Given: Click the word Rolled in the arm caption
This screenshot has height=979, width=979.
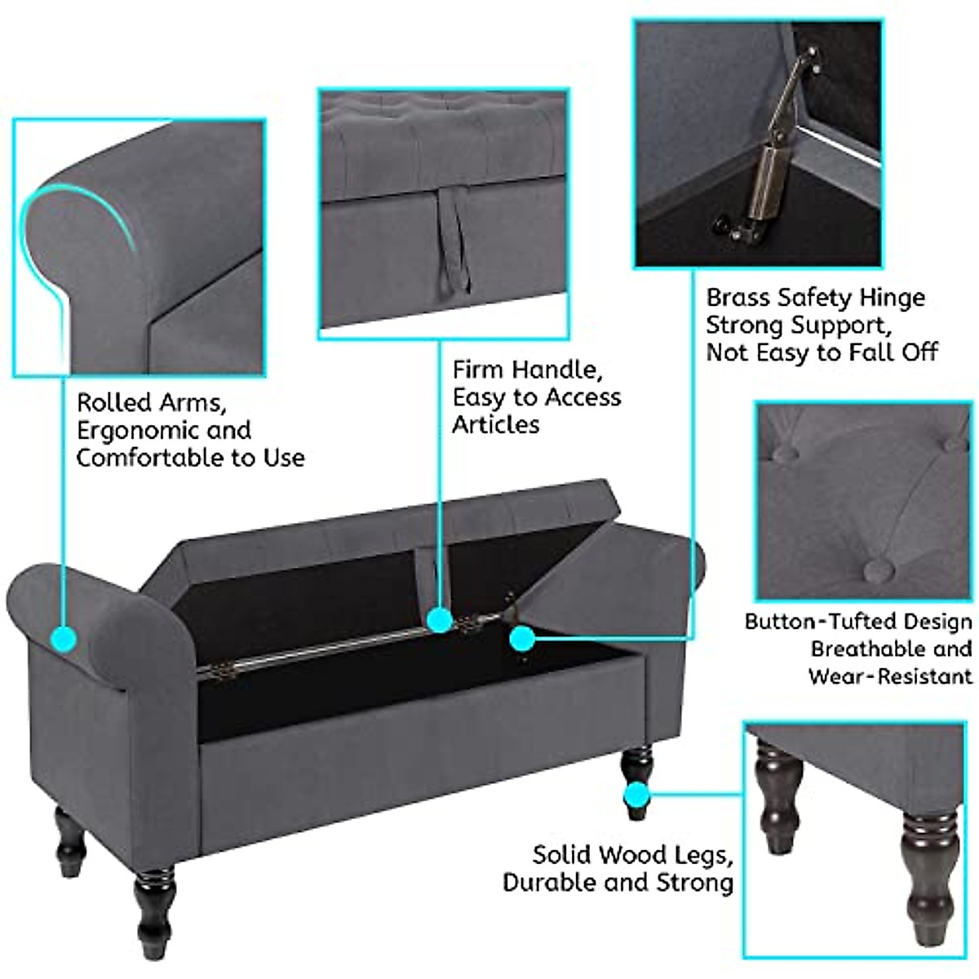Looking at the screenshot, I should [114, 402].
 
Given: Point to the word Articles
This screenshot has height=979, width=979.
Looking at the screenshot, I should [496, 424].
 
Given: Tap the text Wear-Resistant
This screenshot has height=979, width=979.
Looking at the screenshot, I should [890, 676].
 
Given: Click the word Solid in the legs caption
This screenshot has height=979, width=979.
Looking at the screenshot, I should [563, 855].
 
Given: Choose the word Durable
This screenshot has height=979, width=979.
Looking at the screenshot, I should [553, 883].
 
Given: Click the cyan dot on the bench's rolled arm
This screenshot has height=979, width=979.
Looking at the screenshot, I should [63, 638].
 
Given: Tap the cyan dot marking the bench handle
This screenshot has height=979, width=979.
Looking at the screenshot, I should [440, 621].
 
